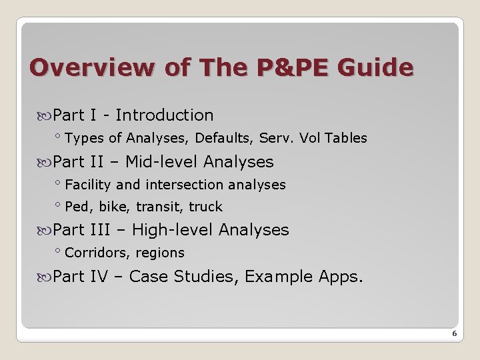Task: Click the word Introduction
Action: pos(165,115)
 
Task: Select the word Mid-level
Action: pos(162,162)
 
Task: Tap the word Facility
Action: pos(89,185)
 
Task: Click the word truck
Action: pos(205,207)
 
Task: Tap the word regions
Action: pos(160,253)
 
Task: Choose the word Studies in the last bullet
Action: pos(203,276)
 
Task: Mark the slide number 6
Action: pos(454,333)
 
